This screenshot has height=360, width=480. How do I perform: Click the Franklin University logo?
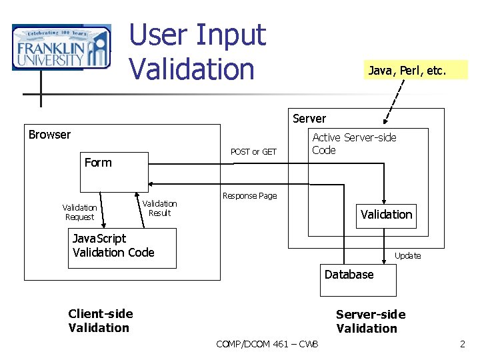61,47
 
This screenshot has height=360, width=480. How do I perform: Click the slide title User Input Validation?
197,51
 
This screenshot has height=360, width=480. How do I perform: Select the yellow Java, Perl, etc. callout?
416,70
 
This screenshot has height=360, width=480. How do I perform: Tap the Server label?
309,119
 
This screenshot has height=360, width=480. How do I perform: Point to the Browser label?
49,135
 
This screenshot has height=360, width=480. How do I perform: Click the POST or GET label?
253,152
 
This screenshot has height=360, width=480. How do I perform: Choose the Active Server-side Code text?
354,143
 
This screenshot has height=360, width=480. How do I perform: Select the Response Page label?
249,196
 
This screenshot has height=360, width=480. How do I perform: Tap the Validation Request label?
79,212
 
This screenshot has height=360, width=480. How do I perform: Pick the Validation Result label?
160,208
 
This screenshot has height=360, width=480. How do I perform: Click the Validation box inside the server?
386,215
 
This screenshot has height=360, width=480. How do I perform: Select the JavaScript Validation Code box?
122,248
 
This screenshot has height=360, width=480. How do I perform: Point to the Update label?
407,256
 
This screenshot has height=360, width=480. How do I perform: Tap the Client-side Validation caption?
100,321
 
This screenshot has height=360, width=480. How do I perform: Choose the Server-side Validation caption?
370,321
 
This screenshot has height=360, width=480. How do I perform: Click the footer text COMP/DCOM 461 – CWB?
267,344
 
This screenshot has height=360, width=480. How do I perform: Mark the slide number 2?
462,344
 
